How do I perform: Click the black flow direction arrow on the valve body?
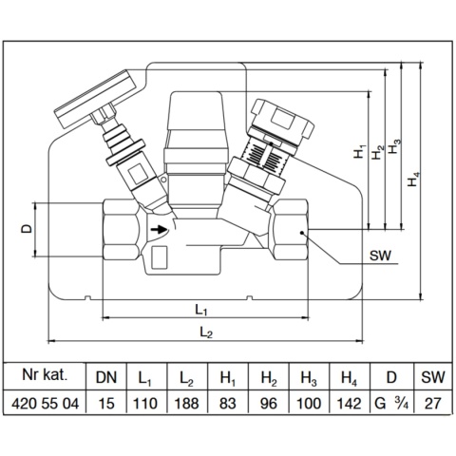pos(159,229)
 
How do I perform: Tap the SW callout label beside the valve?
pos(380,256)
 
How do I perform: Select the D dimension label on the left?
pos(27,229)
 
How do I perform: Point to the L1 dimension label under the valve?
pos(201,310)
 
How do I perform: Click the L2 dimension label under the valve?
pos(206,332)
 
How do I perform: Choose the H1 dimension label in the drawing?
pos(359,151)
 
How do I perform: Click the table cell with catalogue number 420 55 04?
pos(45,404)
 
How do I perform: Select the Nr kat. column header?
pos(45,374)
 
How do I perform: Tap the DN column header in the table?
pos(106,377)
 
